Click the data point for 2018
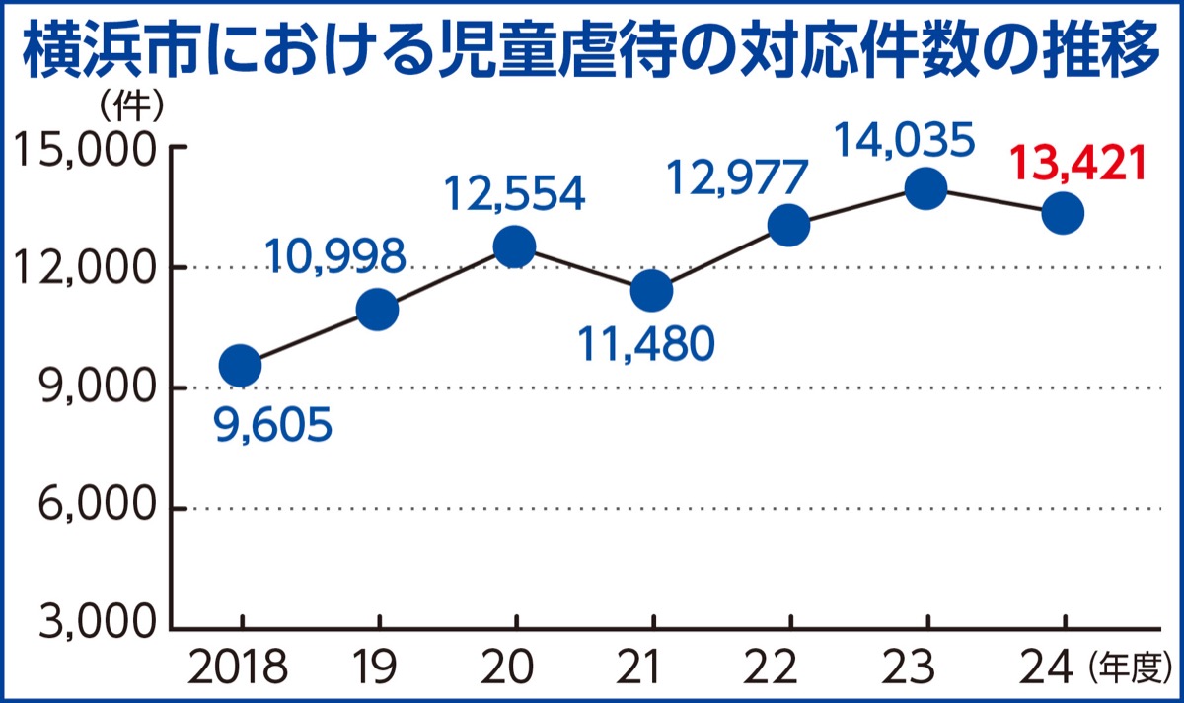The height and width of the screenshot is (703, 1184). coord(240,366)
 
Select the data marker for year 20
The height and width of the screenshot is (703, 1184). coord(514,246)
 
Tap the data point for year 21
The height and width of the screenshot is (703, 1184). coord(651,290)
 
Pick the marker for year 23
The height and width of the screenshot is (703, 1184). coord(926,187)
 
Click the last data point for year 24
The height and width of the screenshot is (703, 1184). coord(1064,212)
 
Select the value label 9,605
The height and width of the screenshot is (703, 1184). coord(272,428)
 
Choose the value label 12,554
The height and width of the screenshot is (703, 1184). coord(513,194)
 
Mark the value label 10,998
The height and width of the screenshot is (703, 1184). coord(335,257)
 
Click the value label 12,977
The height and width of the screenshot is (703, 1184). coord(738,179)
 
